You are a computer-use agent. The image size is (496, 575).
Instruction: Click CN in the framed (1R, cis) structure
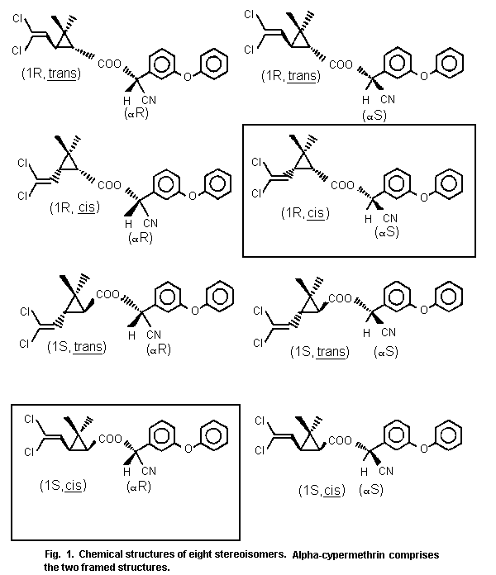(x=388, y=217)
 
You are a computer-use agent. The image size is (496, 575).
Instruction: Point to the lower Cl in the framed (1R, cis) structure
(x=256, y=193)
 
